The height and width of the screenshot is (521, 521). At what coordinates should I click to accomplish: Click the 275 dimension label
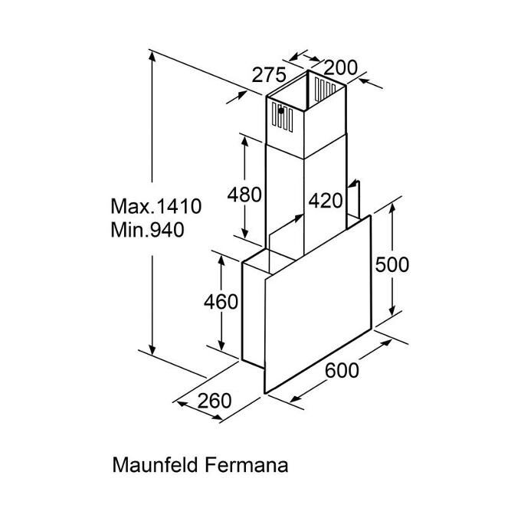(x=269, y=75)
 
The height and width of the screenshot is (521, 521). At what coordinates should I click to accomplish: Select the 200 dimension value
(x=340, y=67)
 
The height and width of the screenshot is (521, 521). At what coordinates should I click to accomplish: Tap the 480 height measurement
(x=244, y=195)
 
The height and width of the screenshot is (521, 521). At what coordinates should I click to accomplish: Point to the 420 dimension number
(x=326, y=201)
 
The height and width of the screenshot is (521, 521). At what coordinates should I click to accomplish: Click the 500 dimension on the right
(x=392, y=265)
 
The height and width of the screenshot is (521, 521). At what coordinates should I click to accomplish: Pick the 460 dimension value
(x=221, y=302)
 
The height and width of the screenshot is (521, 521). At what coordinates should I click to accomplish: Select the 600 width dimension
(x=342, y=370)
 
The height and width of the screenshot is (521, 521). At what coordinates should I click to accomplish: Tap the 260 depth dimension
(x=215, y=401)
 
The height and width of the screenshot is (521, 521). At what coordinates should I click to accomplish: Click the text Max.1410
(x=156, y=206)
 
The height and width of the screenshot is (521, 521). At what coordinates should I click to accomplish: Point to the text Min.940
(x=148, y=230)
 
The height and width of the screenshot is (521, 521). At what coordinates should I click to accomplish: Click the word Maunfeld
(x=156, y=464)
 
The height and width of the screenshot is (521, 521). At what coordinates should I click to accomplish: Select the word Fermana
(x=246, y=464)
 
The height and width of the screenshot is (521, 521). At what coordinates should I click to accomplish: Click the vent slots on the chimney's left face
(x=283, y=117)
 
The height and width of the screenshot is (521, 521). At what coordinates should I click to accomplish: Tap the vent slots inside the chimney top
(x=325, y=89)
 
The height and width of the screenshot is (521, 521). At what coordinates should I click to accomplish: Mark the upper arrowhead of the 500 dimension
(x=392, y=209)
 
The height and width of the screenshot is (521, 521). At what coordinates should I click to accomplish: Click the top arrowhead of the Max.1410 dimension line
(x=152, y=57)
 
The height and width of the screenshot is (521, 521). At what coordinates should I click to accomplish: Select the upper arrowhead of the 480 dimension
(x=244, y=143)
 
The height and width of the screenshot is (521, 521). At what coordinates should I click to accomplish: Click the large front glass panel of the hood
(x=318, y=304)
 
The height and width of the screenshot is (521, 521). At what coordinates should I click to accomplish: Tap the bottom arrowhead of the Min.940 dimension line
(x=152, y=349)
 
